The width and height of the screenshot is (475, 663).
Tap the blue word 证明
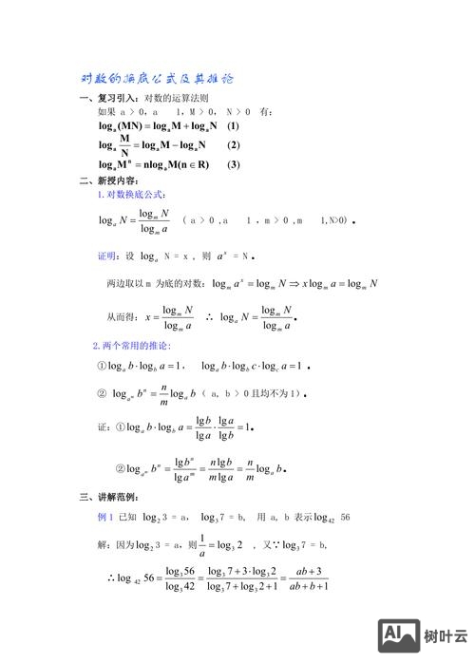point(107,256)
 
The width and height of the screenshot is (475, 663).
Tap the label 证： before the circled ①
point(104,427)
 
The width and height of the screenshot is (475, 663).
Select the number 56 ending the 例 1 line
point(345,517)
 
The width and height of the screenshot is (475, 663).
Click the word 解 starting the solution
point(102,544)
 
